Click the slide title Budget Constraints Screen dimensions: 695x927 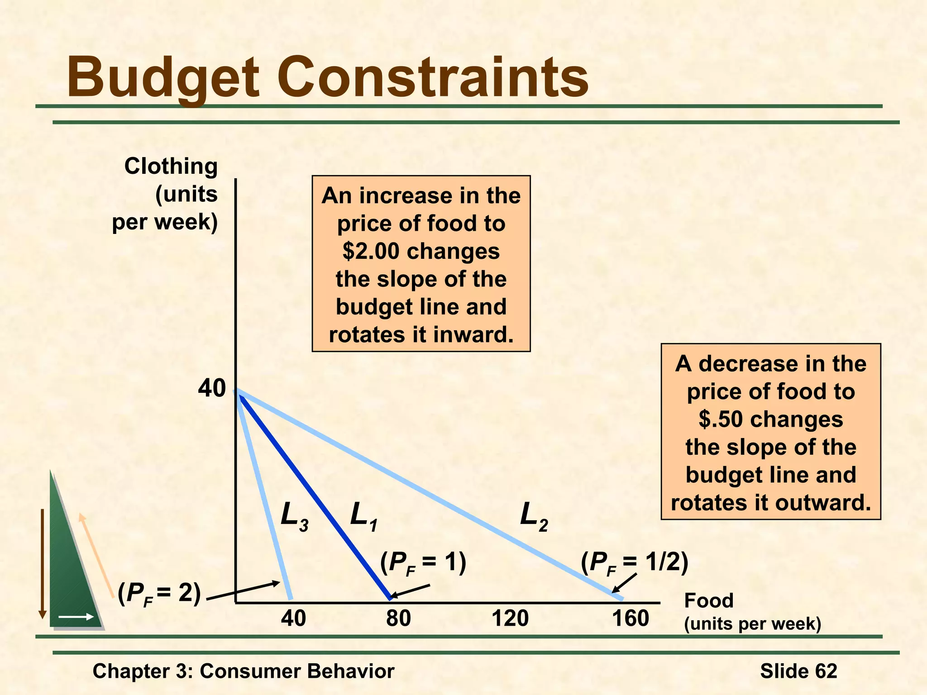pyautogui.click(x=327, y=77)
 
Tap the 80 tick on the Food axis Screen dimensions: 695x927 pyautogui.click(x=398, y=619)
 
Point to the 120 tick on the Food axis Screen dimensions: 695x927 pyautogui.click(x=510, y=619)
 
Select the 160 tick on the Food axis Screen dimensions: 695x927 pyautogui.click(x=631, y=619)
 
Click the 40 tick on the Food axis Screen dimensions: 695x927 pyautogui.click(x=293, y=619)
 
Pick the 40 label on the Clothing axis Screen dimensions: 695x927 pyautogui.click(x=212, y=388)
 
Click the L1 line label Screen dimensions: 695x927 pyautogui.click(x=364, y=516)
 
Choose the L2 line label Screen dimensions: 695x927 pyautogui.click(x=534, y=516)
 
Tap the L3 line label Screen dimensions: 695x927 pyautogui.click(x=294, y=516)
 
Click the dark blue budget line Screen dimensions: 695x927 pyautogui.click(x=317, y=498)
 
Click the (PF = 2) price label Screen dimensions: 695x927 pyautogui.click(x=159, y=594)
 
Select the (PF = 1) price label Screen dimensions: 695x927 pyautogui.click(x=423, y=564)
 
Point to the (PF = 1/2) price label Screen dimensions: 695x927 pyautogui.click(x=635, y=564)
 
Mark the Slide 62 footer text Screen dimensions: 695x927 pyautogui.click(x=798, y=671)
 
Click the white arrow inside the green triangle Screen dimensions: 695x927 pyautogui.click(x=76, y=617)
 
